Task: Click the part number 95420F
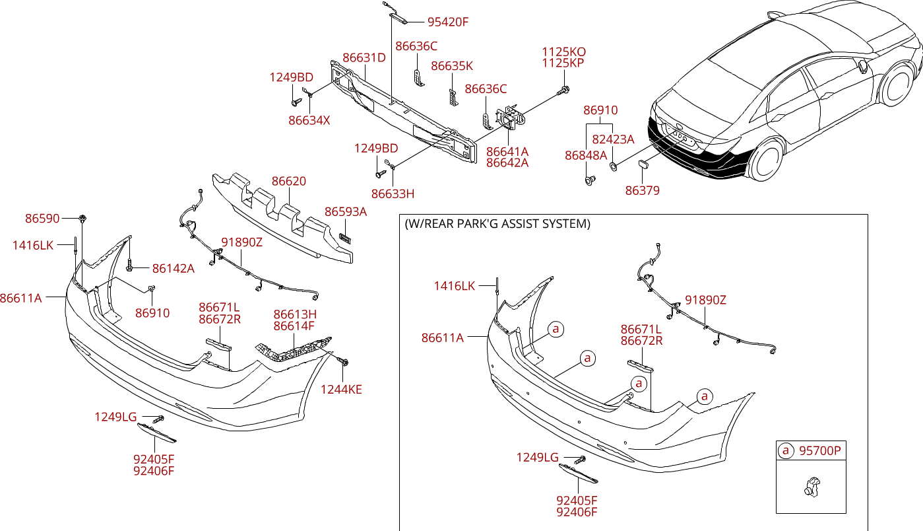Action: click(447, 22)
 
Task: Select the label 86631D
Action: click(364, 57)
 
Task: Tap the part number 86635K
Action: click(452, 66)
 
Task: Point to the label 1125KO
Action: click(563, 52)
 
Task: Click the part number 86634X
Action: click(309, 120)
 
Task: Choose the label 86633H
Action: click(393, 194)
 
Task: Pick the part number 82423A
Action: click(613, 139)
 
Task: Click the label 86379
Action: click(642, 191)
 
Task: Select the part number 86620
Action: click(289, 181)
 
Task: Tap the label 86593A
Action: click(345, 211)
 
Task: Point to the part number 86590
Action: click(43, 218)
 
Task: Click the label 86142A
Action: click(173, 268)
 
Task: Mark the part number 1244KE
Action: click(341, 389)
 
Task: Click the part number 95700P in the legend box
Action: click(819, 451)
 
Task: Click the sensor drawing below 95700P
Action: click(810, 487)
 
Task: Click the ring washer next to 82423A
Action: click(614, 165)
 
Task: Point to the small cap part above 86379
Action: click(645, 164)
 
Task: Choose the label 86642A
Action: click(507, 162)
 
